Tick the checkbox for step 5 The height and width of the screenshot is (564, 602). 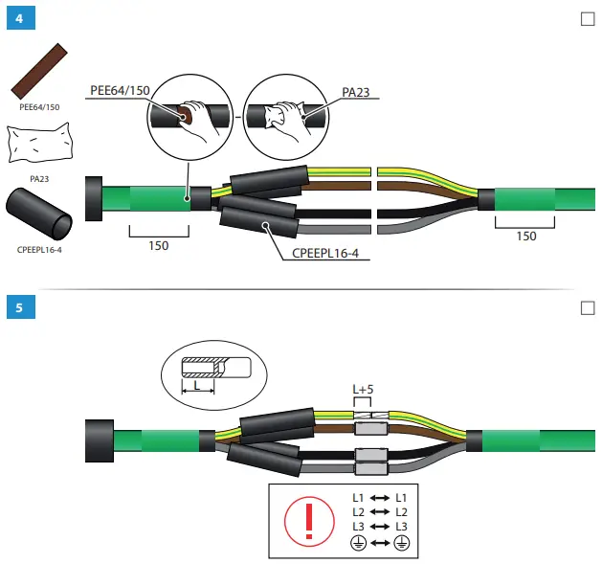[588, 307]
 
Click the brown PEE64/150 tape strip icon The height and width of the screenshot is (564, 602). [39, 72]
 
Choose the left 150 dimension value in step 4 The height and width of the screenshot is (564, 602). [159, 246]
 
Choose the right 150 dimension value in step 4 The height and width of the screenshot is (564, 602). [525, 237]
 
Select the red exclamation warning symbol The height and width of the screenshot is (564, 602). [307, 520]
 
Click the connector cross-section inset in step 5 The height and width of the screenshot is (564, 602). [209, 373]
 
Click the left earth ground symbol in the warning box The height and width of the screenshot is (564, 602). [357, 542]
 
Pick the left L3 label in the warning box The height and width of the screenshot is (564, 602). [358, 527]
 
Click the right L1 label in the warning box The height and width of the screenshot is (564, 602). [402, 498]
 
